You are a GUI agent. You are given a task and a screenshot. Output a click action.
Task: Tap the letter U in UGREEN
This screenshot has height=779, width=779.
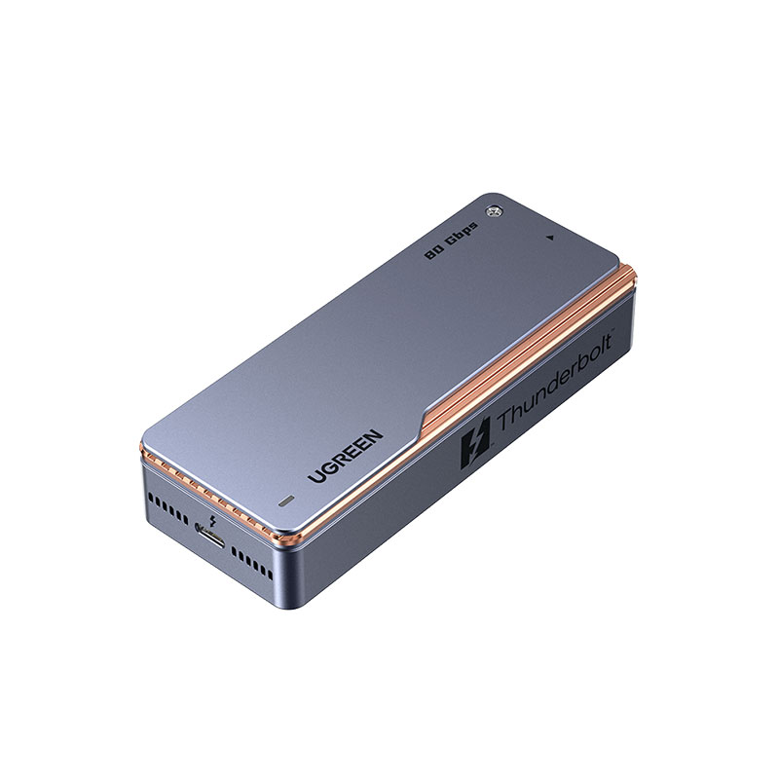(315, 476)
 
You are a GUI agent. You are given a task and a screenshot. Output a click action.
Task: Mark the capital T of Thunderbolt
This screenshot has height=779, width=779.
(504, 425)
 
